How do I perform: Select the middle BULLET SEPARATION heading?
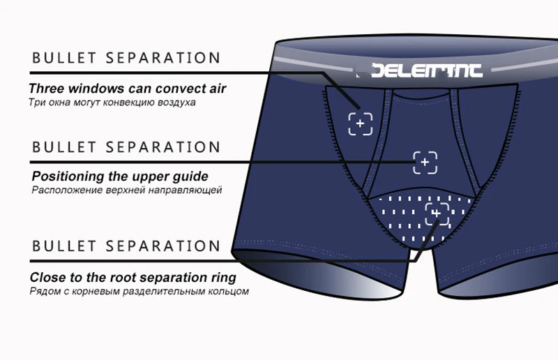pos(126,147)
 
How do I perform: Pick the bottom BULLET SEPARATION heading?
pos(126,246)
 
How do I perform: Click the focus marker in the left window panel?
pos(361,124)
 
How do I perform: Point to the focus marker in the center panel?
pos(425,163)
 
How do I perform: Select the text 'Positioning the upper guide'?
pos(120,177)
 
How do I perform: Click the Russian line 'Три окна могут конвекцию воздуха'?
pos(112,103)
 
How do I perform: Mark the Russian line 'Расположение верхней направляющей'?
pos(126,190)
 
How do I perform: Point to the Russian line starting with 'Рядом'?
pos(139,291)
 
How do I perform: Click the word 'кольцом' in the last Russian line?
pos(230,291)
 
